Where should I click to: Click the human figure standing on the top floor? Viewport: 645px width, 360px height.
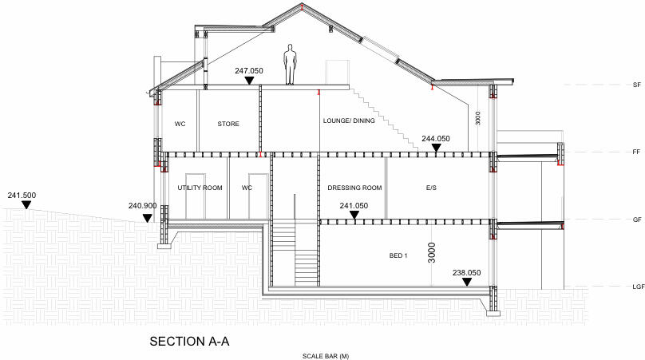[x=291, y=65]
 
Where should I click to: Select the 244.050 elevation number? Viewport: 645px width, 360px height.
[x=435, y=138]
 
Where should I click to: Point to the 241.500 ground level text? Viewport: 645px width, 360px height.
[x=23, y=195]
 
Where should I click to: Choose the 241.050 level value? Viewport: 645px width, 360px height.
[x=354, y=205]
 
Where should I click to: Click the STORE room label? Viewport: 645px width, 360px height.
[x=228, y=124]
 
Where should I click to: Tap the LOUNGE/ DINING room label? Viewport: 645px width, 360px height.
[x=349, y=121]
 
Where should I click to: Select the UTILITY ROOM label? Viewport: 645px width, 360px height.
[x=200, y=188]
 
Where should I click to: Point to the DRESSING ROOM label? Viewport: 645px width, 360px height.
[x=354, y=188]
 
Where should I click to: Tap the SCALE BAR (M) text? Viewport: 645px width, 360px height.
[x=326, y=355]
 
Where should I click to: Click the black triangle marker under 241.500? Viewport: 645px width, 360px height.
[x=26, y=205]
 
